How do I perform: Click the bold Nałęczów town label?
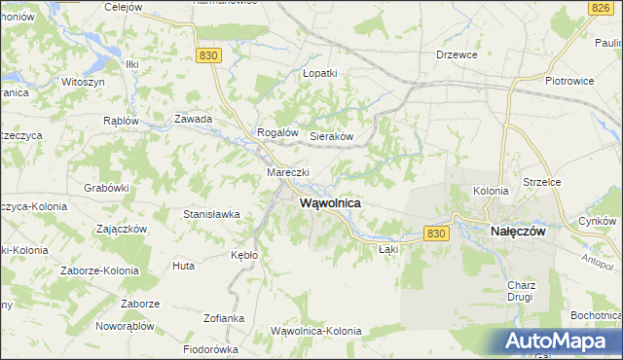(515, 233)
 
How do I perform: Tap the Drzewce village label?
(457, 55)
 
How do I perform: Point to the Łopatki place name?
(319, 73)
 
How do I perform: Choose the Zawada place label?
(193, 119)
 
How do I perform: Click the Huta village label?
(183, 265)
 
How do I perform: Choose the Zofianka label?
(224, 318)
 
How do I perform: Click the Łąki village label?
(387, 249)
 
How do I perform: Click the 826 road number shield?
(600, 7)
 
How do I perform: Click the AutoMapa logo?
(559, 341)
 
